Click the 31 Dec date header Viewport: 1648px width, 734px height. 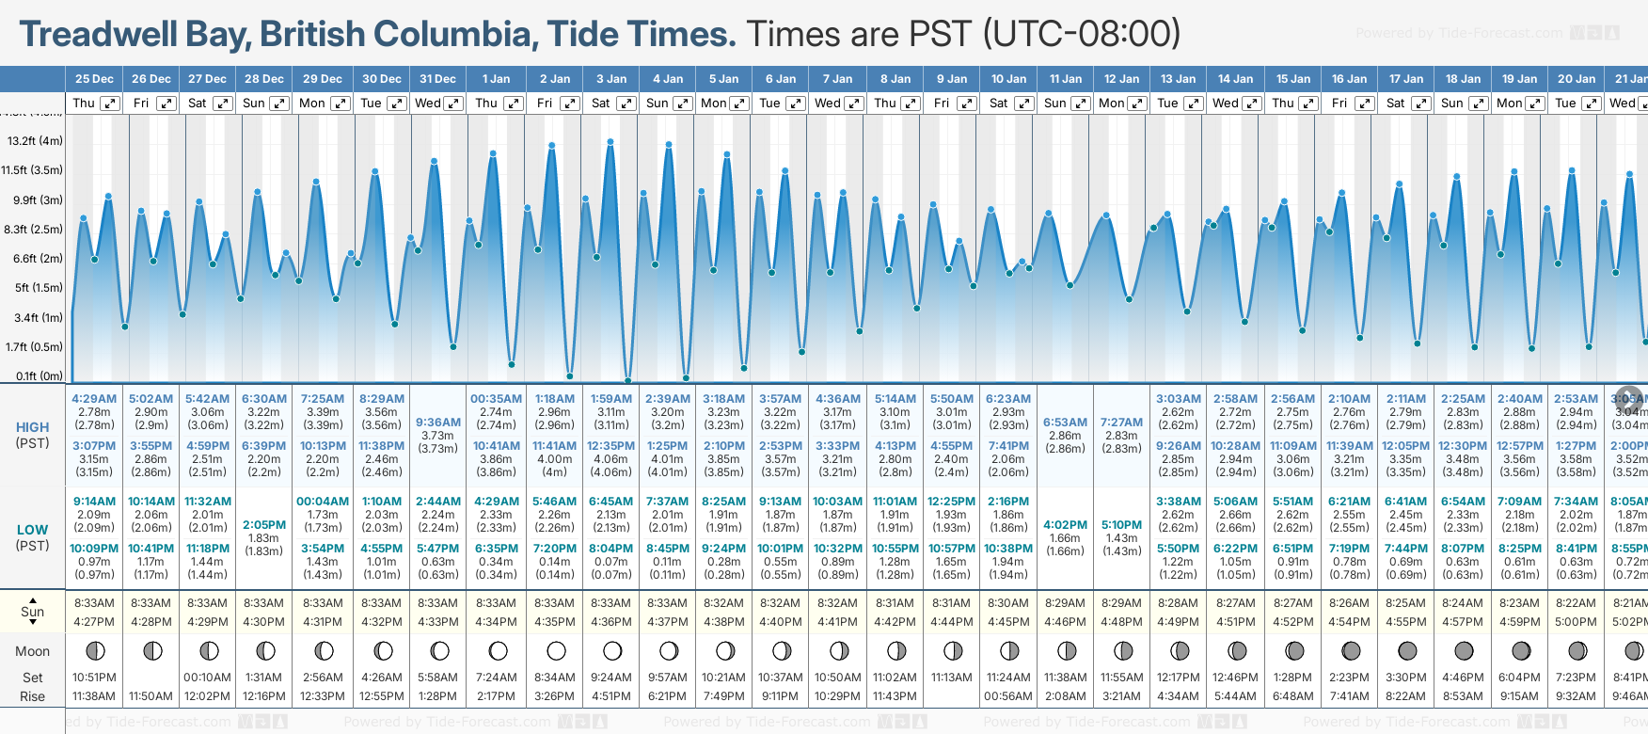pos(437,79)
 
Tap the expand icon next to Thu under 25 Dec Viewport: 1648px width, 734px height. pos(110,104)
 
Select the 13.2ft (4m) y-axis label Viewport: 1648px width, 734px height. pos(35,141)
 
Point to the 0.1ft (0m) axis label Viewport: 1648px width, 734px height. pos(40,376)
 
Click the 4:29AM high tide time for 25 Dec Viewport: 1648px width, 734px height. pos(94,399)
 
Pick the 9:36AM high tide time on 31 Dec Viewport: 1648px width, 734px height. pos(438,423)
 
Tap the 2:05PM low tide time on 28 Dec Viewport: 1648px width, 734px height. pos(264,525)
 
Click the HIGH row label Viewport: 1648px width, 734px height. pos(32,427)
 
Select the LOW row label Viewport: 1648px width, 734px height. pos(32,530)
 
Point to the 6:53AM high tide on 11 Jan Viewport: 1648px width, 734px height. pos(1065,423)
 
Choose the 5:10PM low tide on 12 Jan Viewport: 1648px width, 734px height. pos(1121,525)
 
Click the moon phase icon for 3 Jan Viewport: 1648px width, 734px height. pos(612,650)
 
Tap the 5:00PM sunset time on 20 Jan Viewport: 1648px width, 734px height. pos(1576,621)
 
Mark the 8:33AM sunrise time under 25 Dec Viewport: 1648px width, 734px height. pos(94,603)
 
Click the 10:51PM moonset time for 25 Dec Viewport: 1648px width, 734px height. pos(94,678)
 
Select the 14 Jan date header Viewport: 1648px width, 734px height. pos(1235,79)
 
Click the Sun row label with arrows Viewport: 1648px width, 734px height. pos(32,612)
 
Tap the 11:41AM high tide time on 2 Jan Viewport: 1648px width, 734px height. pos(554,446)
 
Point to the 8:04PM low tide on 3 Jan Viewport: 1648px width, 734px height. pos(611,549)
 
